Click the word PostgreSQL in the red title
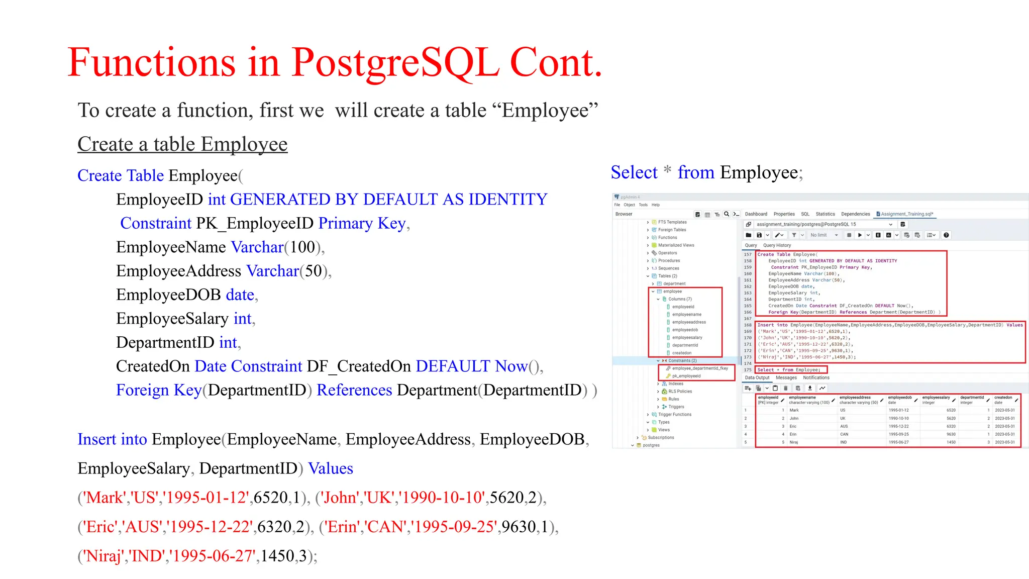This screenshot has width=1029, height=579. (x=395, y=62)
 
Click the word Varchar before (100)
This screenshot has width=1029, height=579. (x=257, y=247)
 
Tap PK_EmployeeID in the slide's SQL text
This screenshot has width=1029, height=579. (x=255, y=223)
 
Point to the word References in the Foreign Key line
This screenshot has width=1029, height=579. (x=354, y=390)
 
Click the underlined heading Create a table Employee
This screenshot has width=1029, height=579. (x=182, y=144)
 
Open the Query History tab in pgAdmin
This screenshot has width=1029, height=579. (x=777, y=245)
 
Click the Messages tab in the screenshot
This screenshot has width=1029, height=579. (x=786, y=378)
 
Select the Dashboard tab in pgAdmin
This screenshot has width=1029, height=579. (x=756, y=214)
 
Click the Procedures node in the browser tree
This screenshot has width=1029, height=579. (x=669, y=261)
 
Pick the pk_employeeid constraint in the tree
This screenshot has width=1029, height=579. (x=686, y=376)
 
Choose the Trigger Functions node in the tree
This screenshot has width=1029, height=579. (x=674, y=415)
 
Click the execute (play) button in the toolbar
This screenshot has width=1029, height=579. (x=860, y=235)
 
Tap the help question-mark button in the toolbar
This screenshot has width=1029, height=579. (x=946, y=235)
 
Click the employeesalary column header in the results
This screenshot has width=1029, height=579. (x=936, y=398)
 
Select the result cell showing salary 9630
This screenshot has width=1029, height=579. (x=951, y=434)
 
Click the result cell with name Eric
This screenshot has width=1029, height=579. (x=793, y=426)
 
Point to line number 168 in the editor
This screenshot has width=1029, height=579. (x=748, y=325)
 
